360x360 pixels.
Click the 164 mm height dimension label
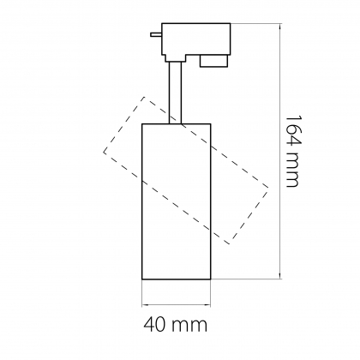292,151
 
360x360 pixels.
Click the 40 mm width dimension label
175,325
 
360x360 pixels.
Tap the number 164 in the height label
292,131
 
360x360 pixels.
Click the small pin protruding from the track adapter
156,34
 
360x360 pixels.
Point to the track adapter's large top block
196,39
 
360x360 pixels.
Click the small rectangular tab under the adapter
213,61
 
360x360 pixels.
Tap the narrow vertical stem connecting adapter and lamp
175,92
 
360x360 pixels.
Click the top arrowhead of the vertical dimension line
280,27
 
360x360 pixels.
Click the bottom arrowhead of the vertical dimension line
280,276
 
